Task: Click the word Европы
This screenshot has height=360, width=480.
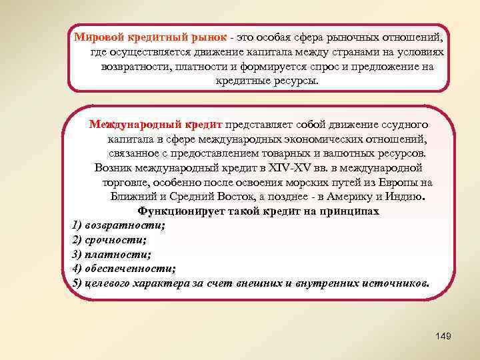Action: (401, 183)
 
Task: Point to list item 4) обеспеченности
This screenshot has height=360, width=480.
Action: (123, 269)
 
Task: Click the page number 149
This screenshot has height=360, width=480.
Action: (442, 337)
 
